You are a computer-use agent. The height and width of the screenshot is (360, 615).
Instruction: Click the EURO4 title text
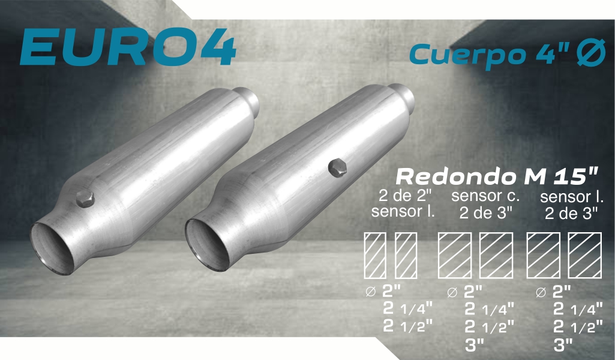pyautogui.click(x=128, y=47)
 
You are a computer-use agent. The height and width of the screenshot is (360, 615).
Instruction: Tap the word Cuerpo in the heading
pyautogui.click(x=467, y=55)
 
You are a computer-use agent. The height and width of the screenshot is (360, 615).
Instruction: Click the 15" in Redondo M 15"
pyautogui.click(x=576, y=175)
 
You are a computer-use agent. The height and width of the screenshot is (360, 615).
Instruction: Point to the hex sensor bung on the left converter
pyautogui.click(x=85, y=199)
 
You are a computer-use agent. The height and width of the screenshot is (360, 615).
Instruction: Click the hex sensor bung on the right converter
pyautogui.click(x=337, y=168)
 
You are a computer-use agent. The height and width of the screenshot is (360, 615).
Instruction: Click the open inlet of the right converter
pyautogui.click(x=207, y=245)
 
